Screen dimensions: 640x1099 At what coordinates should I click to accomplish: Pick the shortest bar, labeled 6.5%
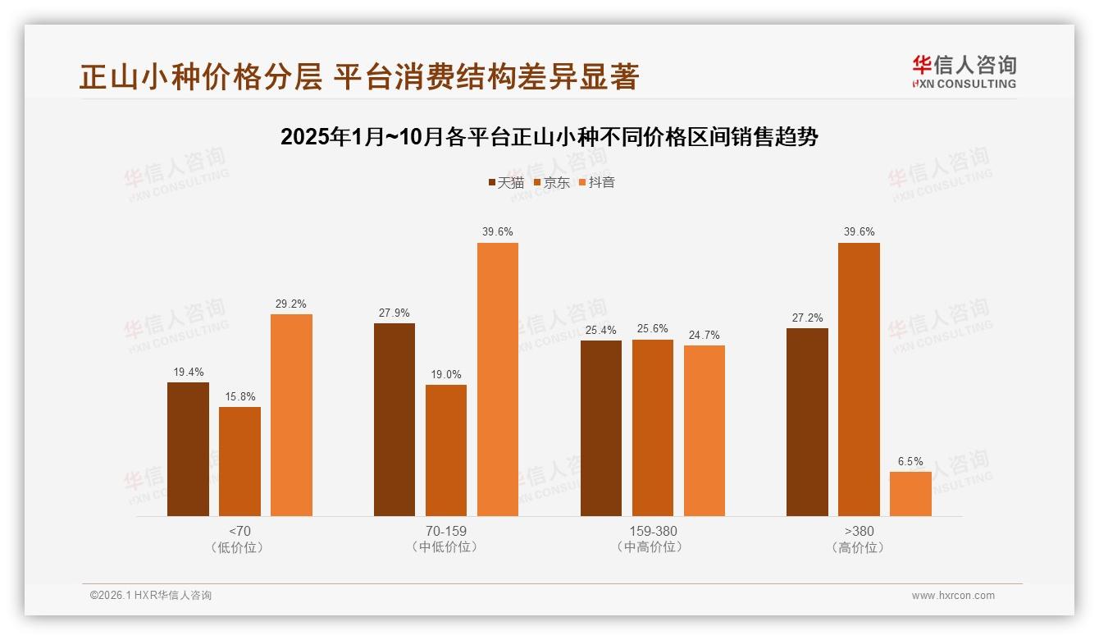coord(910,494)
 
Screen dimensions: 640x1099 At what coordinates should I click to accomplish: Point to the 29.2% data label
coord(291,304)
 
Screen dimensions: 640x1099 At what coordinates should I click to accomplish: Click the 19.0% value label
coord(446,374)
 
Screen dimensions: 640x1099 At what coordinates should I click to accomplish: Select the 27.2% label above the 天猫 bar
coord(807,318)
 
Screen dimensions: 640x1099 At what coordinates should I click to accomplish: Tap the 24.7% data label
coord(704,335)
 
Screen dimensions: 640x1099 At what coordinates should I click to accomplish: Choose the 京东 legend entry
coord(551,182)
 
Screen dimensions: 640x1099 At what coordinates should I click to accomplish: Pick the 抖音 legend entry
coord(596,182)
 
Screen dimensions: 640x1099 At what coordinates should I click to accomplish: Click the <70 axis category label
coord(239,531)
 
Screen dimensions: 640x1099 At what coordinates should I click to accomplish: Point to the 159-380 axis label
coord(652,531)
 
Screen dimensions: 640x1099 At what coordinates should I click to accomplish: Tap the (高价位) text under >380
coord(859,547)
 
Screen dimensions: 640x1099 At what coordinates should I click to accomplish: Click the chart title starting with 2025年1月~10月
coord(549,137)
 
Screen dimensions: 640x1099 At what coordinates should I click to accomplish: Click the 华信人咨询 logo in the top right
coord(964,71)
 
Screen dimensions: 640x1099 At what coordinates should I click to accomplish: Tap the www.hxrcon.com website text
coord(953,596)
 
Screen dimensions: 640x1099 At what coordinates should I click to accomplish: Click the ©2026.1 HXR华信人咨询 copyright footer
coord(151,596)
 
